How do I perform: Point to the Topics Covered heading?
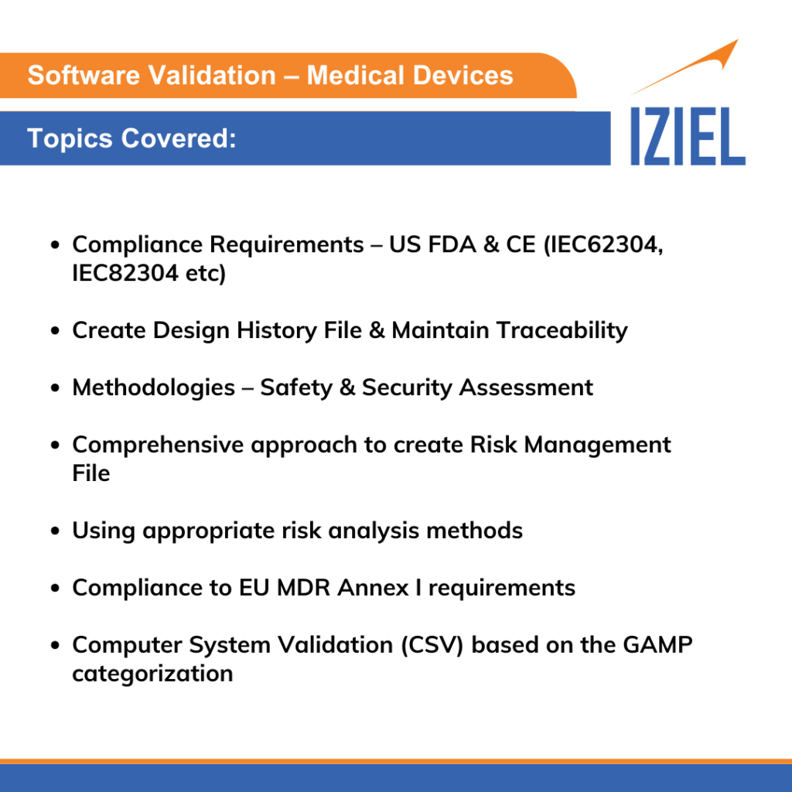coord(131,138)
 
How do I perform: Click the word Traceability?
coord(562,330)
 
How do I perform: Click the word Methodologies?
coord(153,387)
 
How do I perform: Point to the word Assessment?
coord(526,387)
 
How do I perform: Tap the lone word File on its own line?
coord(91,473)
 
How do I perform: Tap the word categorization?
coord(152,674)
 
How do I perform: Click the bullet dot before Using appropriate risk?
coord(56,531)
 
